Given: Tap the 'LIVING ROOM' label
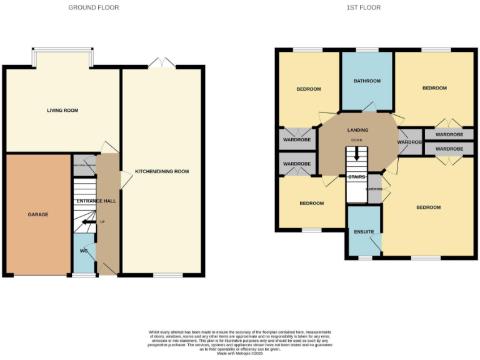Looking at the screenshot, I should (x=62, y=111).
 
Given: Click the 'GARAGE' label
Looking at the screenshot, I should (x=37, y=214).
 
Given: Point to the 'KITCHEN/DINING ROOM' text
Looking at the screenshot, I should (x=162, y=171).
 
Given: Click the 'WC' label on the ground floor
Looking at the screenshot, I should (x=83, y=251).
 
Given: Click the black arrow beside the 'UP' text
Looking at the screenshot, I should (x=87, y=222).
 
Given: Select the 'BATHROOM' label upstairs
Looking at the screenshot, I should (x=367, y=81).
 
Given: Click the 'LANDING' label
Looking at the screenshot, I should (x=357, y=130).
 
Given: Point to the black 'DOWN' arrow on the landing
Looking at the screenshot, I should (x=357, y=153).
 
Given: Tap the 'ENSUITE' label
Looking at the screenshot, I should (x=364, y=232).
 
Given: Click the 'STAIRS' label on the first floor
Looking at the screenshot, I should (x=356, y=177).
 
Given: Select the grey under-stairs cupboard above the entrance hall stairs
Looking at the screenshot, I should (x=84, y=165).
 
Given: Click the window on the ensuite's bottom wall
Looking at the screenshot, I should (x=364, y=257).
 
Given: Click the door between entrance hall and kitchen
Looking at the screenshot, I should (x=124, y=180).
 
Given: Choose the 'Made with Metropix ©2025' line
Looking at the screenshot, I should (x=239, y=353).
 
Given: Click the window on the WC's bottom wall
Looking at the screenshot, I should (x=84, y=274).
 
